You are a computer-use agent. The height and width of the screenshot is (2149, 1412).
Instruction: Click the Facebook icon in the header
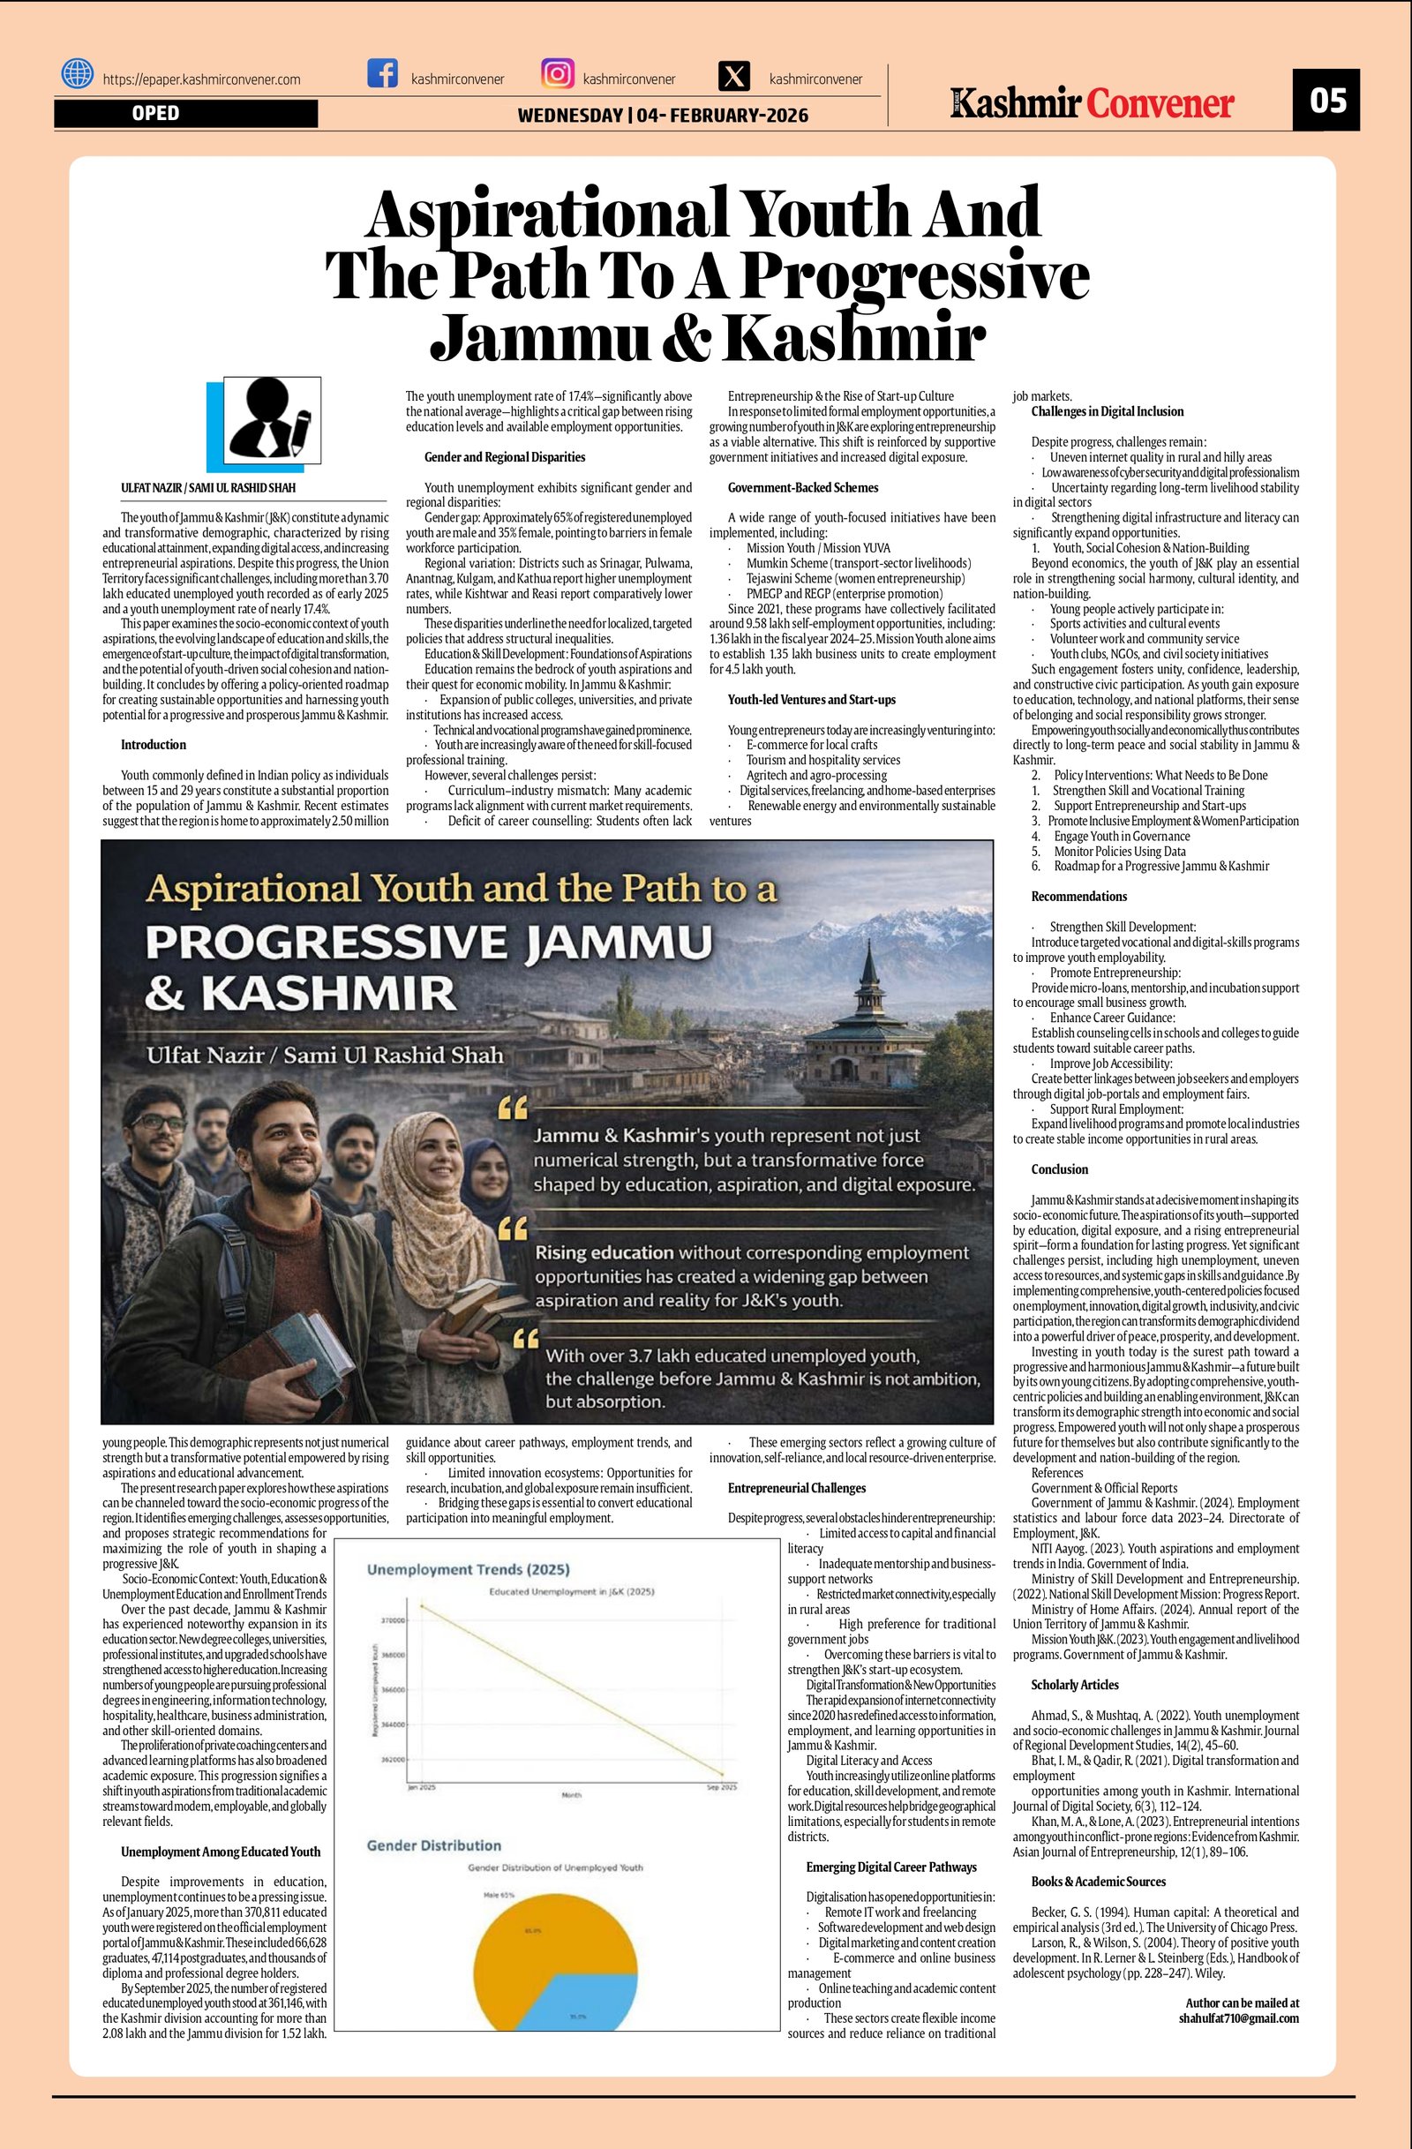[x=383, y=73]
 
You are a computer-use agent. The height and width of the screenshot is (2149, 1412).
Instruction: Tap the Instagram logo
[x=557, y=73]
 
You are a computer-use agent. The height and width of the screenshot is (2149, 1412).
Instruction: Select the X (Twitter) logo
[x=734, y=77]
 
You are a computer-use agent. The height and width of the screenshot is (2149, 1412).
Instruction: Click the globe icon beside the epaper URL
[x=78, y=73]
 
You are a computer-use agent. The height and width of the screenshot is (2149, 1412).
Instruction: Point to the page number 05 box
[x=1326, y=100]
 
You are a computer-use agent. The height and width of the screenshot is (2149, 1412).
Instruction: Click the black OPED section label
[x=185, y=114]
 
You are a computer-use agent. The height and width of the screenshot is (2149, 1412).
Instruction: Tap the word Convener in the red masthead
[x=1160, y=104]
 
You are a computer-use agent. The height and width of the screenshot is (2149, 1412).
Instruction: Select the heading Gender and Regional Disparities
[x=505, y=457]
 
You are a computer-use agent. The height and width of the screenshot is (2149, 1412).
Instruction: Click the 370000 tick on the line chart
[x=394, y=1620]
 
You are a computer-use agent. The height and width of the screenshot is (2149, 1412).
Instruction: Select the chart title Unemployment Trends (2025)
[x=468, y=1569]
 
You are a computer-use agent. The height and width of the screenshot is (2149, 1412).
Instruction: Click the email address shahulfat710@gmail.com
[x=1239, y=2018]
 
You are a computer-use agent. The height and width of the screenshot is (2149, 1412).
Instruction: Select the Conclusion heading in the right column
[x=1059, y=1169]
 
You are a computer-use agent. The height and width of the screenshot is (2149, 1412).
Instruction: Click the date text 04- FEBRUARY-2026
[x=722, y=116]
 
